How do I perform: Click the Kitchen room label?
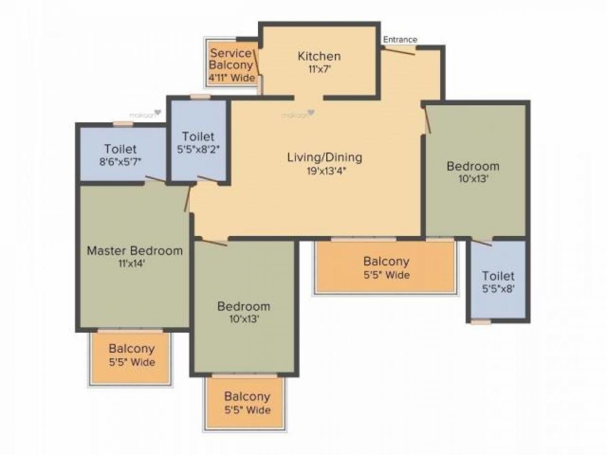319,56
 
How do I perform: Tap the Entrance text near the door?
400,39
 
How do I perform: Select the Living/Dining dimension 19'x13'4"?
325,170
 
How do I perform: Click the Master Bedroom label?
135,251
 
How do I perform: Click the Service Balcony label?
231,59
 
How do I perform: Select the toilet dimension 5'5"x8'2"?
198,149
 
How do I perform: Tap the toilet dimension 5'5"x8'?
498,289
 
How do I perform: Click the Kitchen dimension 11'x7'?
319,69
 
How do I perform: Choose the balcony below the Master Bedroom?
131,356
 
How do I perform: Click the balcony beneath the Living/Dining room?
385,267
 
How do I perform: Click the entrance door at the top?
400,50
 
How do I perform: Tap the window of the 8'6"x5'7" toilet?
123,123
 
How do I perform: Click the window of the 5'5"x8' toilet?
481,322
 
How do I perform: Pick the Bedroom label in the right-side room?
473,166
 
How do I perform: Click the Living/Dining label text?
325,157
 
